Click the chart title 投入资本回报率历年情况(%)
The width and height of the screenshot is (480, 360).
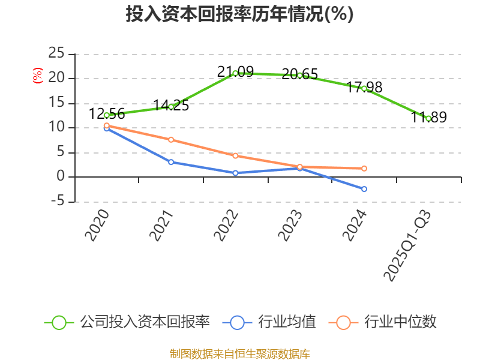(x=239, y=14)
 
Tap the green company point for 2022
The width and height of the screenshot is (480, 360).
(x=235, y=73)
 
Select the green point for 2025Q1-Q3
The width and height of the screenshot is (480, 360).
(x=428, y=118)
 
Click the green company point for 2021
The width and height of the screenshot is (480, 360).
(x=171, y=107)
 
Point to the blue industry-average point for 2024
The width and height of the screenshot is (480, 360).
(x=364, y=189)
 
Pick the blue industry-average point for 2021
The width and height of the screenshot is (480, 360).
(x=171, y=162)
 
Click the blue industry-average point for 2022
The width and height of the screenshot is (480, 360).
(x=235, y=173)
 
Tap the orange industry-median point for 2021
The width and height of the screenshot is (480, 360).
(x=171, y=140)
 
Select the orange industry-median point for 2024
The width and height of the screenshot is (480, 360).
(x=364, y=169)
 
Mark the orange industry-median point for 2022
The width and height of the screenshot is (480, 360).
(x=235, y=155)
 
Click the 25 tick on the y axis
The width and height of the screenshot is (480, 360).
(x=56, y=53)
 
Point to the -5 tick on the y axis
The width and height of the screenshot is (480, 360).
(x=56, y=202)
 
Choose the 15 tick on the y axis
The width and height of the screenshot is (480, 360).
(x=56, y=103)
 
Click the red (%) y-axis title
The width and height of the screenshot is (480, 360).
(x=38, y=76)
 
